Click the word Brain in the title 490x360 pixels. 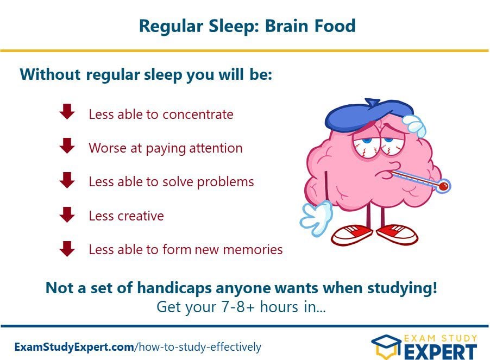tap(287, 26)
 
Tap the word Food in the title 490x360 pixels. tap(335, 26)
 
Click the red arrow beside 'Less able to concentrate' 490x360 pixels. tap(67, 112)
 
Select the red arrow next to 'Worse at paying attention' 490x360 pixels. tap(67, 146)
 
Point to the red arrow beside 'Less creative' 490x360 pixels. tap(67, 214)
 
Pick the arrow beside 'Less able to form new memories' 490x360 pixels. tap(67, 249)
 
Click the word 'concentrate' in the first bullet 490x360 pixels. tap(198, 115)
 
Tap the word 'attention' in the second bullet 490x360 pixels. tap(216, 148)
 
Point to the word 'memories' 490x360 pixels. tap(253, 249)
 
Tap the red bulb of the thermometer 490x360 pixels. tap(443, 186)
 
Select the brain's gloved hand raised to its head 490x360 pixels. tap(414, 125)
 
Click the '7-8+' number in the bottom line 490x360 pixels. tap(237, 307)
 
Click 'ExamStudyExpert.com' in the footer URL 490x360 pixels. tap(74, 347)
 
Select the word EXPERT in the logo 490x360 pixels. tap(441, 352)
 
